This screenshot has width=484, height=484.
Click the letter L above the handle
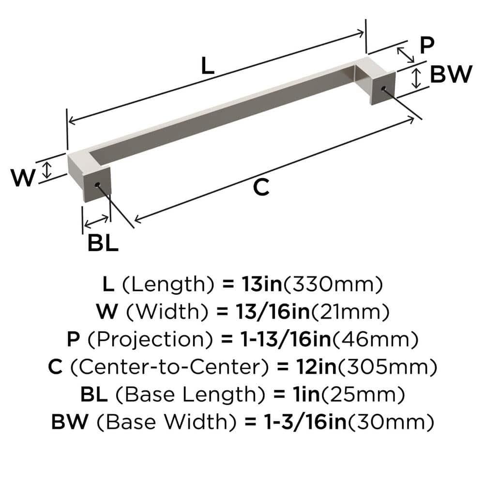(x=207, y=66)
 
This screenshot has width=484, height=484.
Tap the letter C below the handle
(x=261, y=187)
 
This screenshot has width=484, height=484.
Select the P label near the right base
(x=426, y=46)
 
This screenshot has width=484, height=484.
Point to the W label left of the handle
(x=23, y=179)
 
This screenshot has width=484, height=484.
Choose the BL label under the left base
(x=103, y=243)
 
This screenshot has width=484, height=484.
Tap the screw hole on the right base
(x=384, y=89)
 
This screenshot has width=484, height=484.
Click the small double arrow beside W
(x=46, y=170)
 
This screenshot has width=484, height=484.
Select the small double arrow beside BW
(x=416, y=78)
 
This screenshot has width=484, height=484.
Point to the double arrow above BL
(x=97, y=221)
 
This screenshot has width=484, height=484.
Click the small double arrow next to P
(x=406, y=55)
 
